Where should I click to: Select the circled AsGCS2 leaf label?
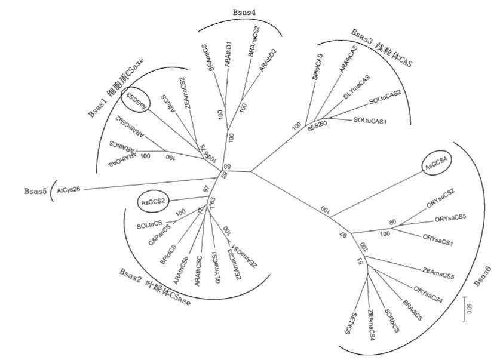pos(153,203)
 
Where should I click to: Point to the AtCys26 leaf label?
pos(69,189)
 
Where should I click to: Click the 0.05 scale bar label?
pos(469,310)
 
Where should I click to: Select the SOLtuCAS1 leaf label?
pos(370,121)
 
